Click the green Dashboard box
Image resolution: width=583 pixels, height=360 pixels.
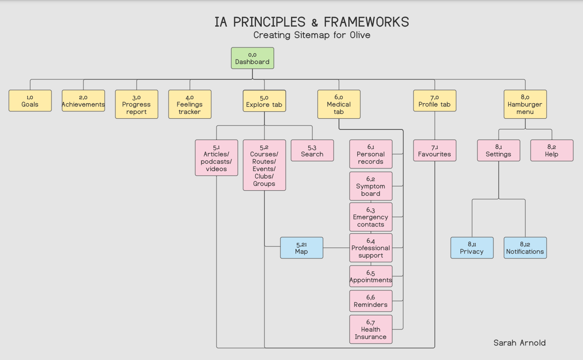[252, 58]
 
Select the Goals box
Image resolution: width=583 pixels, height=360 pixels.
[30, 101]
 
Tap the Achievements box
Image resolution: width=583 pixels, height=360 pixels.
[83, 101]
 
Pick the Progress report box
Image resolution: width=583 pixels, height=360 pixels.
[137, 104]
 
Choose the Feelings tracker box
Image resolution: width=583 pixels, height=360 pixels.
[190, 104]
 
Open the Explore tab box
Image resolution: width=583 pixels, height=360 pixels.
[264, 101]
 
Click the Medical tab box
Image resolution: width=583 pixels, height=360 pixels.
[339, 104]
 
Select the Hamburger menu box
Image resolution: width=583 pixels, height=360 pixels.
[525, 104]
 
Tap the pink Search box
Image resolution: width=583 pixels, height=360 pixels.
[312, 151]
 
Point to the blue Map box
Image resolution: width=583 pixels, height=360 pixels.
[302, 248]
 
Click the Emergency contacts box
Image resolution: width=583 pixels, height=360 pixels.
[371, 217]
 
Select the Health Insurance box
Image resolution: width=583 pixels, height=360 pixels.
[371, 329]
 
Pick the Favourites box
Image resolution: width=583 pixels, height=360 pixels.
[435, 151]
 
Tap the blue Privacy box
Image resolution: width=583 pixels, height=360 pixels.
[472, 248]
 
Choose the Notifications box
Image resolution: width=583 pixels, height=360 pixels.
[525, 248]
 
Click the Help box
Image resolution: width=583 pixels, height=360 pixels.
[552, 151]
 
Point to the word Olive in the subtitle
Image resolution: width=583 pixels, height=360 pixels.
[360, 35]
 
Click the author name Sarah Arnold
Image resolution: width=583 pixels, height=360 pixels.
[520, 343]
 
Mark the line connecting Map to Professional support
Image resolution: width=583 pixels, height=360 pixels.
[336, 248]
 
